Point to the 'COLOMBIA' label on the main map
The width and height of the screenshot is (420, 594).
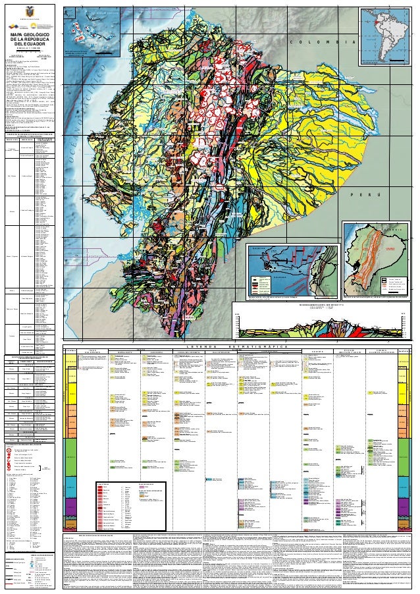tap(323, 42)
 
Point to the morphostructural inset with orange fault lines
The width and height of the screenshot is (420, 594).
tap(379, 259)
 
